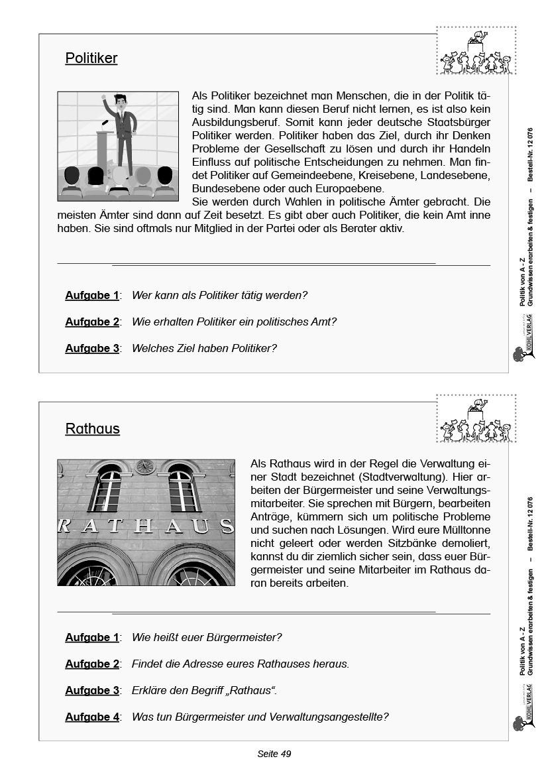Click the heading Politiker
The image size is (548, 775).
point(91,58)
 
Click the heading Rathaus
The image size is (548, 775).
point(92,429)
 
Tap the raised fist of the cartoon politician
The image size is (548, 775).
point(104,99)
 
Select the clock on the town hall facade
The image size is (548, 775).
point(144,467)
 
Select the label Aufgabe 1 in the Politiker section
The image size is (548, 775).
point(91,296)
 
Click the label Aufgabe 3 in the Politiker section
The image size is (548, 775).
point(91,348)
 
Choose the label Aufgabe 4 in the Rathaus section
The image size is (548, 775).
point(91,717)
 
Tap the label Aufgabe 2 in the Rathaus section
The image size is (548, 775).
point(91,664)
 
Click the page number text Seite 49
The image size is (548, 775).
point(274,754)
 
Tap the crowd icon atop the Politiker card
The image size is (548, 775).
point(476,52)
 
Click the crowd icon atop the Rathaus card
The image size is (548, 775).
point(476,420)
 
